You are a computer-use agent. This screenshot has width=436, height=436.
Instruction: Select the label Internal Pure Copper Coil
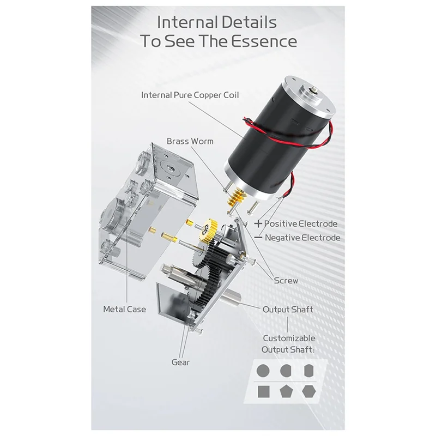[190, 95]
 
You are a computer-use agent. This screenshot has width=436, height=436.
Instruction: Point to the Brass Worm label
[190, 141]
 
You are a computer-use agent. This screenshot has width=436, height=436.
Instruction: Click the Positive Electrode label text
[301, 223]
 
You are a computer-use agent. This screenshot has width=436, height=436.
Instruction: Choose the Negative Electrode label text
[302, 238]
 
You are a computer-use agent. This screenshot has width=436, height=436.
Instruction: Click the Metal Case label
[124, 309]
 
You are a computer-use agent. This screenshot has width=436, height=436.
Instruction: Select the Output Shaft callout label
[288, 309]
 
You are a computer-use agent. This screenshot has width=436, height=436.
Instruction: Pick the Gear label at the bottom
[180, 362]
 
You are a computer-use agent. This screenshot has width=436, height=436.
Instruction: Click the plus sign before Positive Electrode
[258, 223]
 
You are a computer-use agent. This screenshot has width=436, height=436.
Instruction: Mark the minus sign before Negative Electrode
[258, 237]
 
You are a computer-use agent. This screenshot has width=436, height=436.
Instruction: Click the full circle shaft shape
[263, 370]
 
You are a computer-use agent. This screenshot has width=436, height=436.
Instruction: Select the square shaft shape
[263, 391]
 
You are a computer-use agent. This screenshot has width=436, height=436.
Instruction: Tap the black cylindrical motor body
[268, 141]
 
